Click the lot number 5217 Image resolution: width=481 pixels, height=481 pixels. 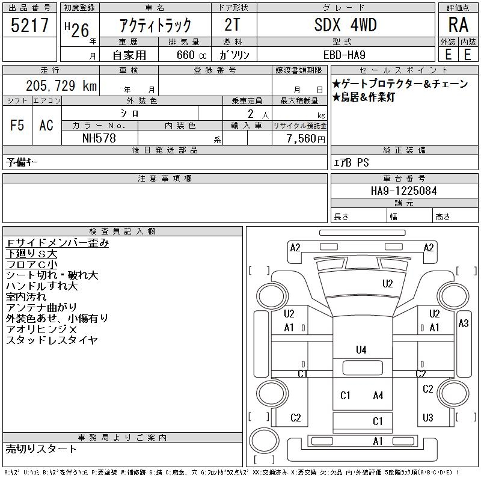point(29,26)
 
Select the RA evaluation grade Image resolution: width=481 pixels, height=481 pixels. point(458,25)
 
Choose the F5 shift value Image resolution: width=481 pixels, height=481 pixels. point(17,125)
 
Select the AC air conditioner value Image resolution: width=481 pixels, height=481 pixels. point(46,125)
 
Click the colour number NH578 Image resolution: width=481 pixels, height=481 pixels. point(99,138)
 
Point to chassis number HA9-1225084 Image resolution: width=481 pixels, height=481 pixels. point(404,191)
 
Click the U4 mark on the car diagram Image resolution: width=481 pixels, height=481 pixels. point(361,349)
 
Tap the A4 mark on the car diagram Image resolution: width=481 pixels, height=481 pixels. point(378,395)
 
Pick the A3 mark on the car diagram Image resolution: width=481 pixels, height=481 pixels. point(463,323)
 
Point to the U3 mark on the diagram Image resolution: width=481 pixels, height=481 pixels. point(428,417)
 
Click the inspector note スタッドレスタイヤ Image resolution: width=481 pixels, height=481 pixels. point(52,340)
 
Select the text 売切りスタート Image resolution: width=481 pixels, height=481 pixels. point(41,449)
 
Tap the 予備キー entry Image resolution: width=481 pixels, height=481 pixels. point(22,162)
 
